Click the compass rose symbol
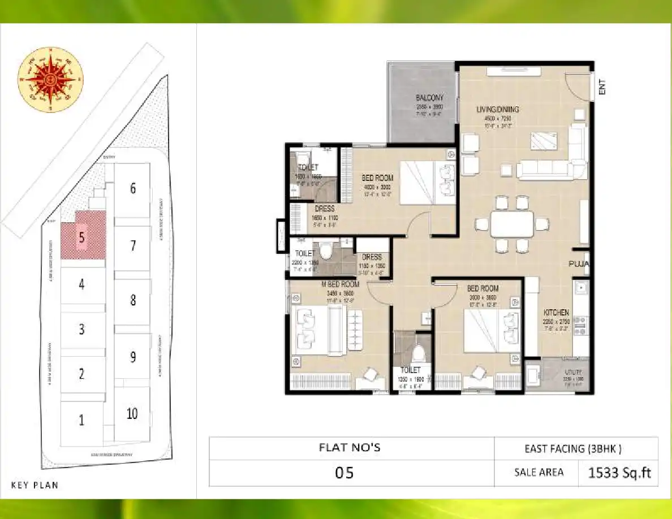[51, 79]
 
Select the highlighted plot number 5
[82, 238]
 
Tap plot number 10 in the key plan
[132, 413]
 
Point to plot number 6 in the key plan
[133, 188]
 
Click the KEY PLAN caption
[35, 485]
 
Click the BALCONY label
[430, 97]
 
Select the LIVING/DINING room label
[498, 110]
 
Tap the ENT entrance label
[602, 88]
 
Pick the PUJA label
[580, 263]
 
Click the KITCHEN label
[557, 313]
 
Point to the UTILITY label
[572, 371]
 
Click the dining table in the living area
[511, 224]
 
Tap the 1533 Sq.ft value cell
[618, 473]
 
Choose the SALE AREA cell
[539, 473]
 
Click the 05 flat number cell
[344, 473]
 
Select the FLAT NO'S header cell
[351, 448]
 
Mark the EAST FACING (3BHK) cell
[576, 449]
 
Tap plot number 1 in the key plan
[81, 420]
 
